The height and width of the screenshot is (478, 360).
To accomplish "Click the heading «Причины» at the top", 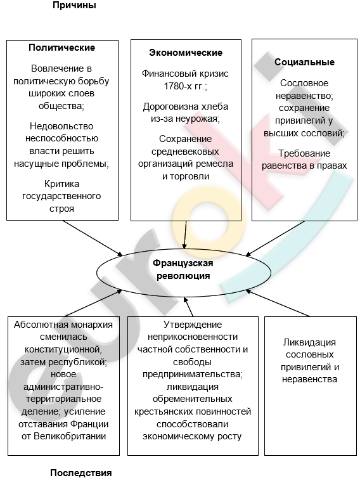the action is [74, 5].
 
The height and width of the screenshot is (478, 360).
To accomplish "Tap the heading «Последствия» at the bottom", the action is [80, 472].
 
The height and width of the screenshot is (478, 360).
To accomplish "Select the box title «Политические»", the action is [62, 48].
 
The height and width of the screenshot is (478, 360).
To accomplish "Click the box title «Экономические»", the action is [186, 53].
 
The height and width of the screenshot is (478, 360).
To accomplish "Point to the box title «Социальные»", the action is [304, 62].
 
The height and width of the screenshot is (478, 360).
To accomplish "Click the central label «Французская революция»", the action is [183, 269].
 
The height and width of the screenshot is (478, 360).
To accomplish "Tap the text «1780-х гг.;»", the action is [185, 87].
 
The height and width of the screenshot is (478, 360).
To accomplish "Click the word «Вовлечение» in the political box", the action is [61, 68].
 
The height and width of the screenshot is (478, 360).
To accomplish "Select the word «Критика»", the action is [61, 184].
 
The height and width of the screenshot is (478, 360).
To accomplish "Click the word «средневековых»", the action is [185, 152].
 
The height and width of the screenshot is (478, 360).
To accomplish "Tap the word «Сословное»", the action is [304, 83].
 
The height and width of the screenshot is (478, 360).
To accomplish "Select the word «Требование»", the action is [304, 153].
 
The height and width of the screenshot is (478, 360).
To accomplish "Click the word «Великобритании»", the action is [70, 436].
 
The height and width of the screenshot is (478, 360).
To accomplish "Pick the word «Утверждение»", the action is [193, 325].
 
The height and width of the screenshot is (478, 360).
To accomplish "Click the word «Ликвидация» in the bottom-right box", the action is [309, 342].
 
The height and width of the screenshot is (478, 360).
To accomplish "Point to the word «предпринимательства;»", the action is [193, 375].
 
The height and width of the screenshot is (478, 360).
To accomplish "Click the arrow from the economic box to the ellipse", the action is [185, 235].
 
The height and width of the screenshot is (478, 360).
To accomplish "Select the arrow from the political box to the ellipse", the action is [93, 238].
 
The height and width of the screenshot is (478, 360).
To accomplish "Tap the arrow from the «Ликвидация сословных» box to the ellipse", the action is [278, 303].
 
